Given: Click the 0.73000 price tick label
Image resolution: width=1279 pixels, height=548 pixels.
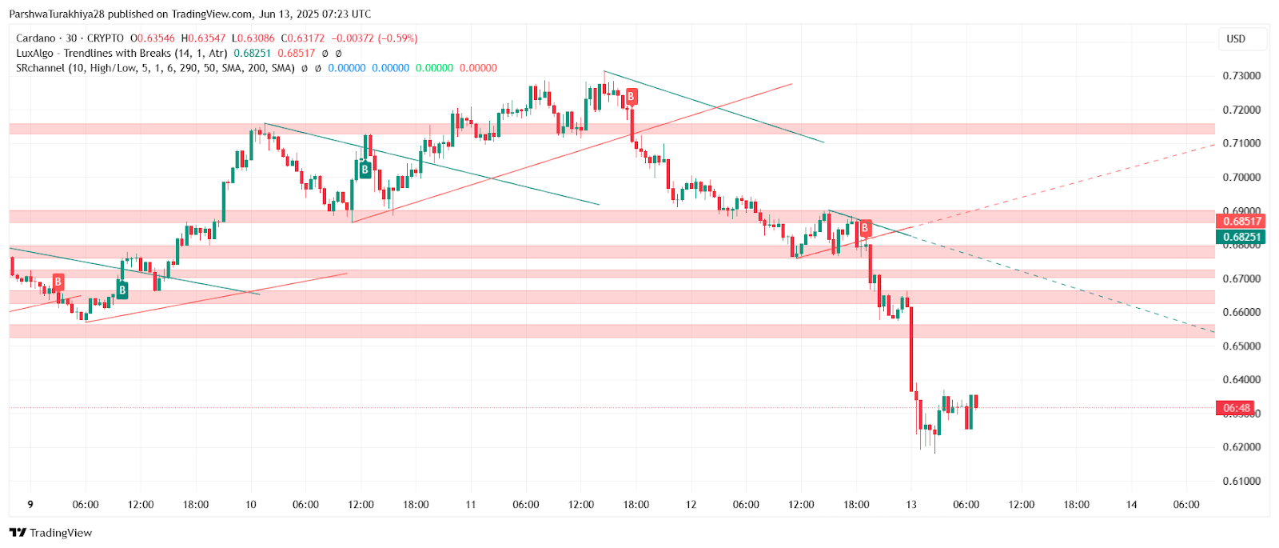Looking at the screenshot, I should [x=1241, y=76].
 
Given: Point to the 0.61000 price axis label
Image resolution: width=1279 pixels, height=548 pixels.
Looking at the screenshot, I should [x=1241, y=481].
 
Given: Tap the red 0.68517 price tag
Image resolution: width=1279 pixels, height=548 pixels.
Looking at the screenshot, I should [x=1240, y=222].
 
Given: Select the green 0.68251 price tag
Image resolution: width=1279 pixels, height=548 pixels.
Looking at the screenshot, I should [x=1240, y=237].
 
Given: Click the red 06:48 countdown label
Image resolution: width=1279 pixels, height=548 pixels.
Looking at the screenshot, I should [x=1236, y=408].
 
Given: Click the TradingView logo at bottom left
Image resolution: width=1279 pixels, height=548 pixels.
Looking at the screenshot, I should [x=50, y=533].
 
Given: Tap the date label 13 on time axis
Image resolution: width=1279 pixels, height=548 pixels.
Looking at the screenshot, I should [x=911, y=505].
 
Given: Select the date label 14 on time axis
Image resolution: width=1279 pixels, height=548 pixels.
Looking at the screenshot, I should [x=1131, y=505].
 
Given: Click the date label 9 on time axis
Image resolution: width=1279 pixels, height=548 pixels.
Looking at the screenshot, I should [x=30, y=505].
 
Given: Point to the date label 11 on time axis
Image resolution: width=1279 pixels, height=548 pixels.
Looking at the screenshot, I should [x=471, y=505].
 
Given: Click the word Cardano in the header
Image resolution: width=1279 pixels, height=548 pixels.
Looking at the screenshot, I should [x=36, y=38].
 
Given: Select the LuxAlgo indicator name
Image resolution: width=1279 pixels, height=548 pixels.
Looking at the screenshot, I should [x=36, y=54].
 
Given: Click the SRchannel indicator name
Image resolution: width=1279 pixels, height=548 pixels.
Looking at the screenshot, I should [x=40, y=69].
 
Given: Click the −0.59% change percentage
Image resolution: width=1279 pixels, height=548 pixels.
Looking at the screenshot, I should [x=397, y=38].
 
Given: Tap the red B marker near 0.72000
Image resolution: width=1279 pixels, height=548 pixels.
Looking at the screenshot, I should [x=631, y=97].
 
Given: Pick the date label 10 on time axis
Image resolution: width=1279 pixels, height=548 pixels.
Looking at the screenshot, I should [x=251, y=505].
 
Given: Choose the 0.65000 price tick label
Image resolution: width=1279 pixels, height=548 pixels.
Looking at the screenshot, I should [x=1241, y=346].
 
